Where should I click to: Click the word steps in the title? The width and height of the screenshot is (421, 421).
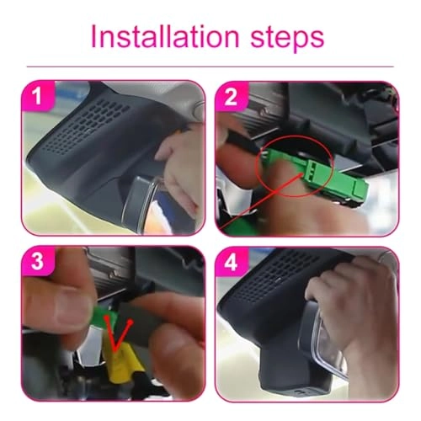[x=283, y=39]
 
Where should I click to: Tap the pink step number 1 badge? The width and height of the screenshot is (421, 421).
[x=36, y=97]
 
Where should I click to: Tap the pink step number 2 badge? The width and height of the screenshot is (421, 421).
[x=230, y=97]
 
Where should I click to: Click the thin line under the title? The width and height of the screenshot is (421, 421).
[x=210, y=67]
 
